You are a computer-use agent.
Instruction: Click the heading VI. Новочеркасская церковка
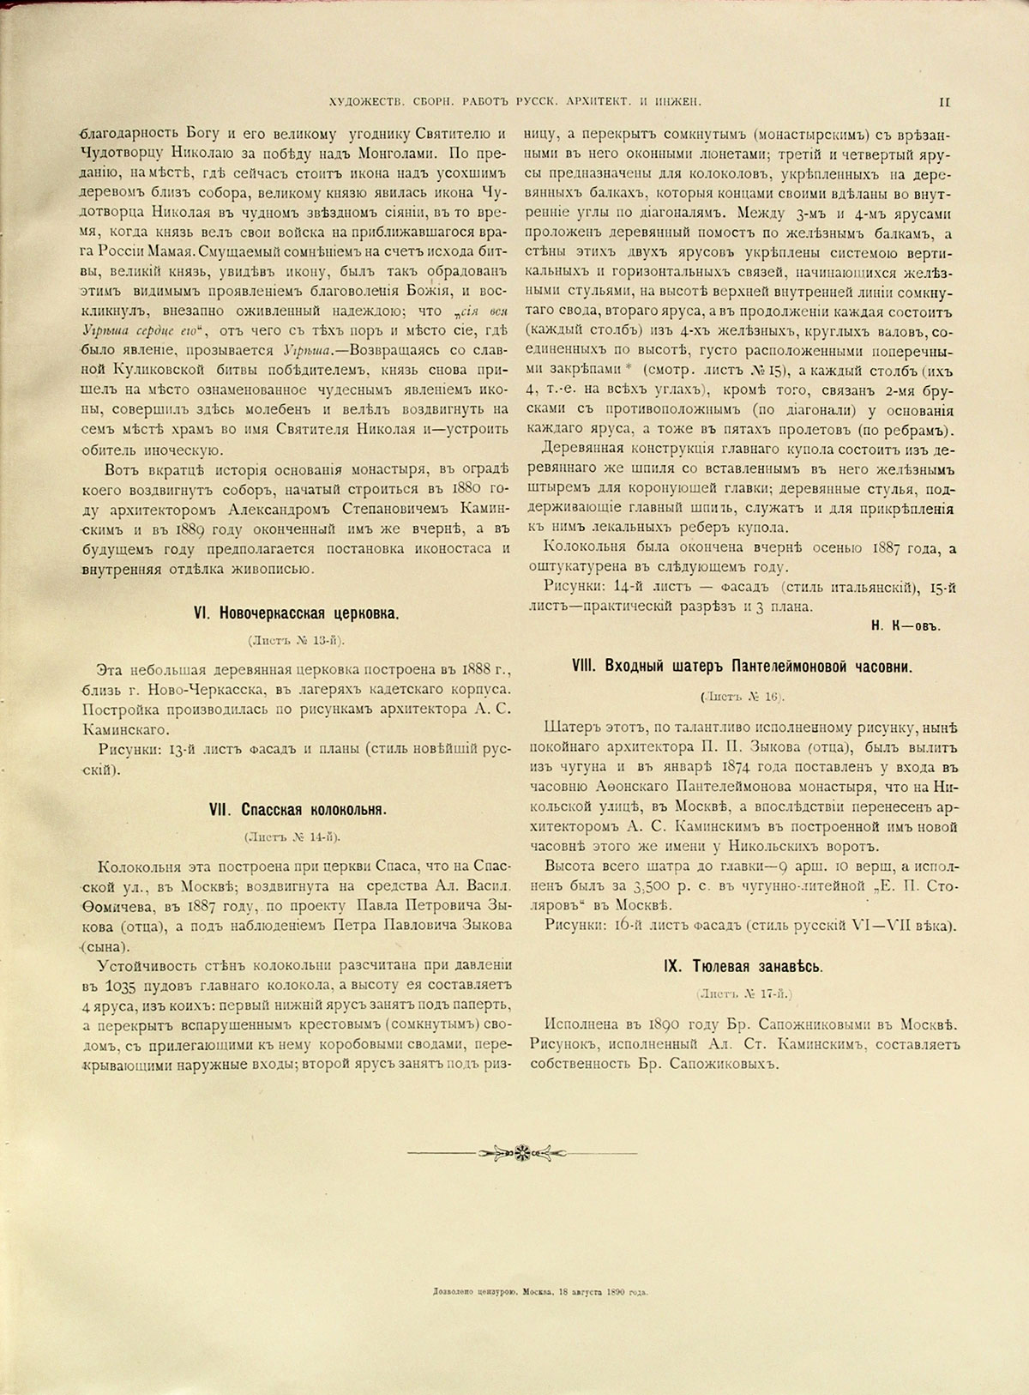(x=297, y=614)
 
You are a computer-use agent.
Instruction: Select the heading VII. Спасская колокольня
(x=298, y=809)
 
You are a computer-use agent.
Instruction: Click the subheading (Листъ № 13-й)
(x=297, y=641)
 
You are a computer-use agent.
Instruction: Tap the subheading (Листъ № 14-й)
(x=297, y=836)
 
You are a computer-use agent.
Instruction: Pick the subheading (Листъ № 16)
(x=743, y=696)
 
